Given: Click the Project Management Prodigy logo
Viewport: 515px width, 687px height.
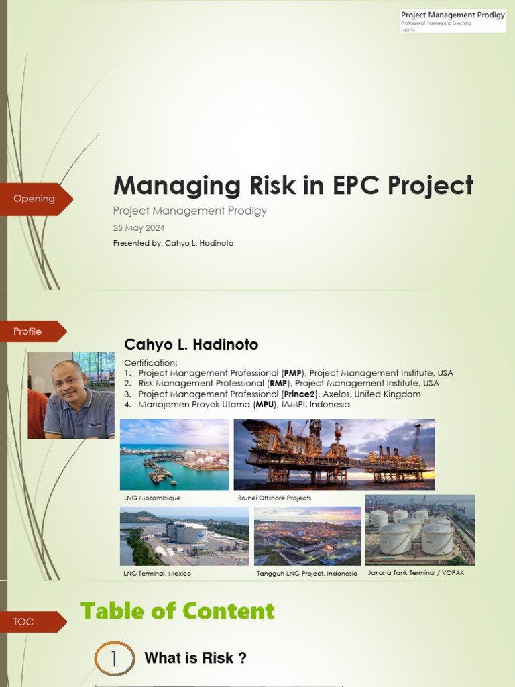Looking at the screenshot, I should tap(452, 20).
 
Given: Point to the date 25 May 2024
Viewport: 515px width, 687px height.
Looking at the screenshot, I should tap(139, 228).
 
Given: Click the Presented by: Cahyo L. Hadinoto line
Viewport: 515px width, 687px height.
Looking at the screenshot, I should tap(173, 243).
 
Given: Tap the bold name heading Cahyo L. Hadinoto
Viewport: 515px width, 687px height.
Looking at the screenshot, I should tap(191, 345).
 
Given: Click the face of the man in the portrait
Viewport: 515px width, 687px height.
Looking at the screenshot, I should tap(70, 381).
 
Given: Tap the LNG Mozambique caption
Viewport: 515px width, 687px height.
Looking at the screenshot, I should tap(152, 498).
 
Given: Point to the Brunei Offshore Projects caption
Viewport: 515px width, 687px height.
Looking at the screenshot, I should tap(274, 498).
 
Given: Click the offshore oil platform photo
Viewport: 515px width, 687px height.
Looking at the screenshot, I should tap(334, 454).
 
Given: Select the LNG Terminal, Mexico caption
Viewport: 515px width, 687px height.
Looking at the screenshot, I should tap(157, 574).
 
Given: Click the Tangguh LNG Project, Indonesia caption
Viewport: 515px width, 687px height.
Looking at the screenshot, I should tap(306, 574).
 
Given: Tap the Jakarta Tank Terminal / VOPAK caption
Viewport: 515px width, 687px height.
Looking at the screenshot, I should tap(416, 573).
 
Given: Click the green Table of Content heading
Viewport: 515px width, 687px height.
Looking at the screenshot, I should tap(178, 611).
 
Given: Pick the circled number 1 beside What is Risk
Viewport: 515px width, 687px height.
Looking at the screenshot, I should tap(114, 658).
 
